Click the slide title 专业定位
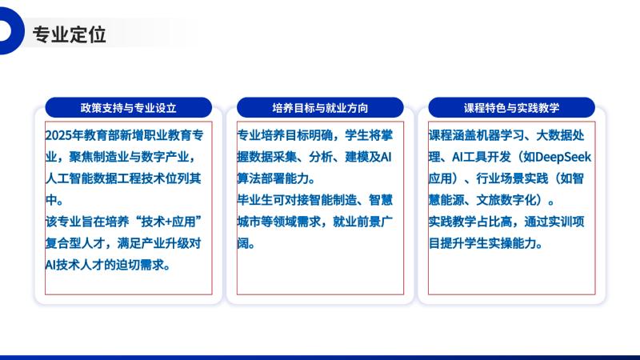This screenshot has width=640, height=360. point(70,34)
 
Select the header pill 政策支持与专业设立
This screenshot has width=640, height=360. point(129,107)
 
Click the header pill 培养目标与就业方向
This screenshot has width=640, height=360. point(320,107)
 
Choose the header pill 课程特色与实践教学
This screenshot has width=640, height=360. point(511,107)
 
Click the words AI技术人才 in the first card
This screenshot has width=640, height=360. point(74,265)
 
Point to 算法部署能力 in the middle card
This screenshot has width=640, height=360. point(273,178)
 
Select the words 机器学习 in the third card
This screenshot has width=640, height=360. point(500,135)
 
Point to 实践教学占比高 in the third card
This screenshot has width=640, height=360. point(470,222)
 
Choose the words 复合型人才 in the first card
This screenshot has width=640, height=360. point(75,243)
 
